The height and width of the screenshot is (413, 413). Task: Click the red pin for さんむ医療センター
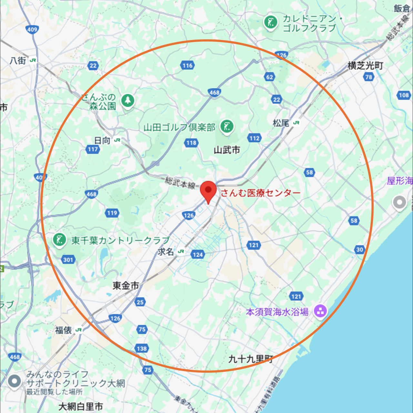[208, 190]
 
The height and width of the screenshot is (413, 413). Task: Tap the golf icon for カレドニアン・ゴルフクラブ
[270, 22]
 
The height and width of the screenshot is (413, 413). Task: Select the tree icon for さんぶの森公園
[128, 101]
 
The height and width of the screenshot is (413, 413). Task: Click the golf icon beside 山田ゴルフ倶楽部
[227, 126]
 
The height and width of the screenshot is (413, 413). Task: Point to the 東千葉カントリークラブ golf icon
[59, 240]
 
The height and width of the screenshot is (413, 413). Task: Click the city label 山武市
[227, 150]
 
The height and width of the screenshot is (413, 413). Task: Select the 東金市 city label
[126, 285]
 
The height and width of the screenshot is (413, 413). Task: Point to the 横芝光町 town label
[365, 66]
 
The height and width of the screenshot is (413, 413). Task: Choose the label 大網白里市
[81, 406]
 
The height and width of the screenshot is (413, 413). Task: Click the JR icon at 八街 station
[33, 60]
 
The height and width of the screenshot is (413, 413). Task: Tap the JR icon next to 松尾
[296, 123]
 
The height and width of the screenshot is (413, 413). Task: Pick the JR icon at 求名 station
[181, 251]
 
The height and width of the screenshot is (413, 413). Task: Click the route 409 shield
[32, 30]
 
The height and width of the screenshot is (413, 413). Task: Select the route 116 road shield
[187, 65]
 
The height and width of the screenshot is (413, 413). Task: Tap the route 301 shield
[68, 260]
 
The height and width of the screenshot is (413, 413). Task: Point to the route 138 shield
[142, 348]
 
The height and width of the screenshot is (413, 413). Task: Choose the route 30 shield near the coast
[359, 249]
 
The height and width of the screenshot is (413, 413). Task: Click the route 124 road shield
[198, 255]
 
